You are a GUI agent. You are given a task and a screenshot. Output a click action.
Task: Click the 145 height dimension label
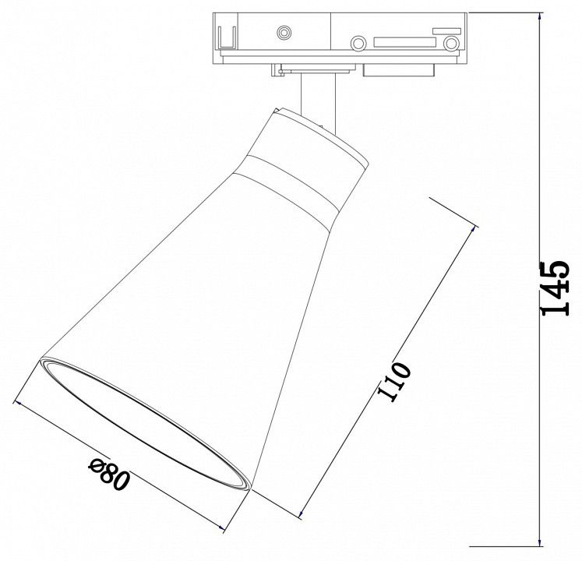(x=555, y=288)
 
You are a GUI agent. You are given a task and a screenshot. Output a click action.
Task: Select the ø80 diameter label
(x=110, y=473)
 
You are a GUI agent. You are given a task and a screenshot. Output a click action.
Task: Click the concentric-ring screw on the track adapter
(x=284, y=33)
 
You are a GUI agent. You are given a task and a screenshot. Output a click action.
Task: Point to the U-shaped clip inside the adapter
(x=227, y=38)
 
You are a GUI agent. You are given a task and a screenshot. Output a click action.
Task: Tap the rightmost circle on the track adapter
(x=451, y=44)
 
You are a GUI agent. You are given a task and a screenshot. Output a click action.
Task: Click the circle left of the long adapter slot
(x=358, y=44)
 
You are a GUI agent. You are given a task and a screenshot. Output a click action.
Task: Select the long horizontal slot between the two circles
(x=404, y=42)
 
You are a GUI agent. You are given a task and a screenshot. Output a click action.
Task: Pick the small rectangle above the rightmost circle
(x=447, y=31)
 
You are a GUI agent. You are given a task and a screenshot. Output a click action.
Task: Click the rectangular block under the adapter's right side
(x=399, y=70)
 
